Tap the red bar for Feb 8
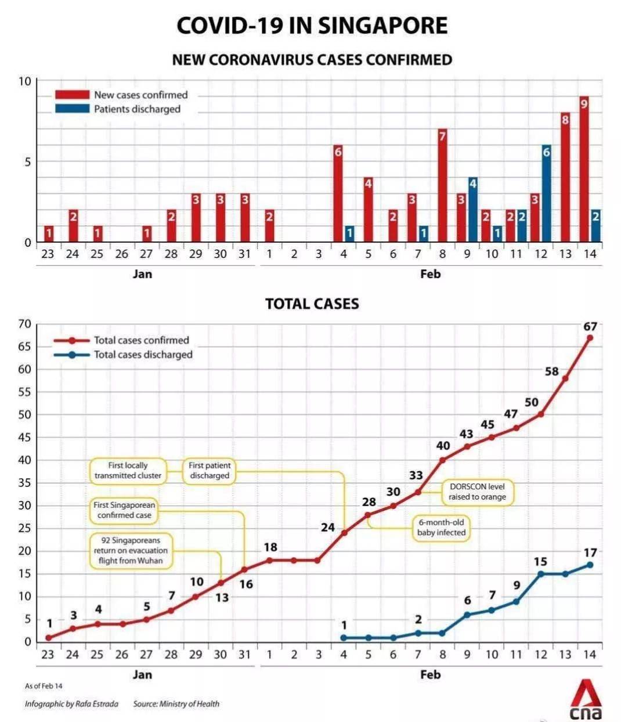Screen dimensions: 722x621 pyautogui.click(x=442, y=186)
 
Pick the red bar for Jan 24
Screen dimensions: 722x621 pyautogui.click(x=73, y=226)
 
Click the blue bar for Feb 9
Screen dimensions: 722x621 pyautogui.click(x=472, y=210)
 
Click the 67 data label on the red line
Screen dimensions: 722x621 pyautogui.click(x=590, y=327)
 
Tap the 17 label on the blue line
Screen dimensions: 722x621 pyautogui.click(x=590, y=553)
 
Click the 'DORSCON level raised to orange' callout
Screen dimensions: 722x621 pyautogui.click(x=477, y=492)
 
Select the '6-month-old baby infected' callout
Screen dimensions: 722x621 pyautogui.click(x=441, y=527)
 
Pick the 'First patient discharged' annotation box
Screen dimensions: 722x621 pyautogui.click(x=210, y=470)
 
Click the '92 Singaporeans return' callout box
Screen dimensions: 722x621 pyautogui.click(x=131, y=550)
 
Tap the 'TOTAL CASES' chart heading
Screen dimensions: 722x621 pyautogui.click(x=312, y=304)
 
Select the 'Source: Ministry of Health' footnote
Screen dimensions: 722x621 pyautogui.click(x=176, y=703)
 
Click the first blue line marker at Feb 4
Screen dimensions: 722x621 pyautogui.click(x=344, y=637)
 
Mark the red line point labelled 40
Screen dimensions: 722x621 pyautogui.click(x=442, y=460)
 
